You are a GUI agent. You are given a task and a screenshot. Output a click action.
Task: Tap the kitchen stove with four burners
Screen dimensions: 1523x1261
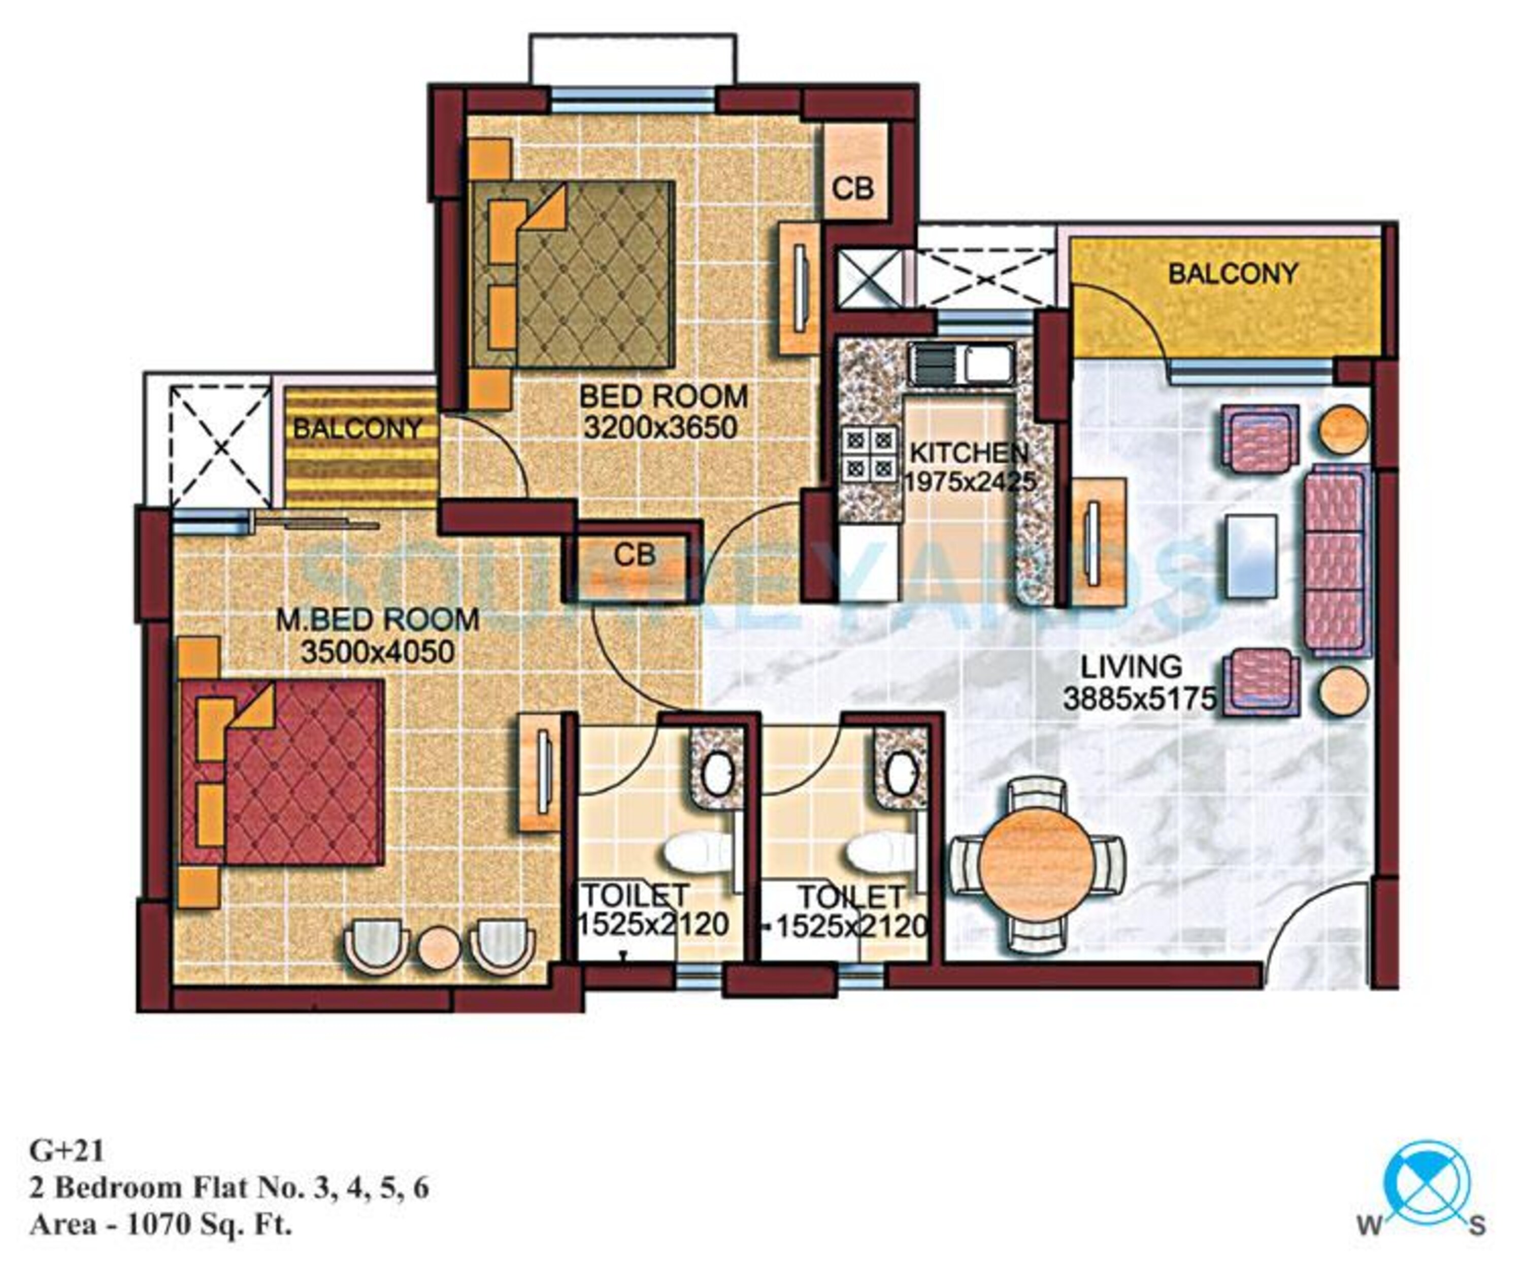coord(869,454)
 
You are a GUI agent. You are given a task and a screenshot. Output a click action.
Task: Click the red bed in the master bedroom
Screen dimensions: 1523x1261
coord(282,772)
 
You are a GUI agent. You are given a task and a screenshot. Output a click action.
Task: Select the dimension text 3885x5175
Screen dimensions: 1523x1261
coord(1139,699)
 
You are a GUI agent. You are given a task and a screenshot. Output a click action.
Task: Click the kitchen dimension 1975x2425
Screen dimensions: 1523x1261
coord(969,481)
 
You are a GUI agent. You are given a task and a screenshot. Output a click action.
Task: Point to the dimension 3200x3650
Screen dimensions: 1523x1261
coord(660,428)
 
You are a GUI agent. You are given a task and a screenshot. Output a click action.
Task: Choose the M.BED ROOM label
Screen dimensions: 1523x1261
coord(377,619)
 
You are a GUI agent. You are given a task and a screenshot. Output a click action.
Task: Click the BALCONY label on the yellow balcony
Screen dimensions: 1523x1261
coord(1233,274)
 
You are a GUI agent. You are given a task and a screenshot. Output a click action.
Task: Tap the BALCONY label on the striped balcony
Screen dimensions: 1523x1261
coord(357,428)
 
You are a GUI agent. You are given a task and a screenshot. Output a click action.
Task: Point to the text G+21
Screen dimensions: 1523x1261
coord(67,1151)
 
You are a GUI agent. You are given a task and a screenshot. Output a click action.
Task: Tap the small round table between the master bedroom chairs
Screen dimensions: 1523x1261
coord(439,948)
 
